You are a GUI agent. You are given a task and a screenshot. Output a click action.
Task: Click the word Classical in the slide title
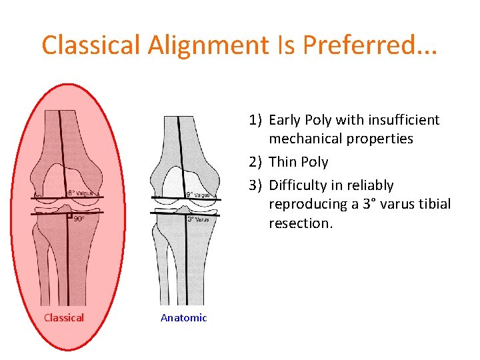91,45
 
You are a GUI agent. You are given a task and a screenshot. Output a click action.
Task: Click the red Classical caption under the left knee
64,317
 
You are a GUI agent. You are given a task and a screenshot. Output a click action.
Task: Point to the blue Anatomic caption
183,318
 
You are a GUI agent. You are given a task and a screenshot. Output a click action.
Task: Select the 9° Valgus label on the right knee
198,195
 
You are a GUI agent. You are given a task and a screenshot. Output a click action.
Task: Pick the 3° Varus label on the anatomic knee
198,219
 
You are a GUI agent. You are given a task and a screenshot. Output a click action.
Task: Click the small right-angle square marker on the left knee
69,215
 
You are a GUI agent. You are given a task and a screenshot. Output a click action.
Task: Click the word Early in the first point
285,120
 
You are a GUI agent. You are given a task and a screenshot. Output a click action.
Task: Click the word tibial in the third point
434,204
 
